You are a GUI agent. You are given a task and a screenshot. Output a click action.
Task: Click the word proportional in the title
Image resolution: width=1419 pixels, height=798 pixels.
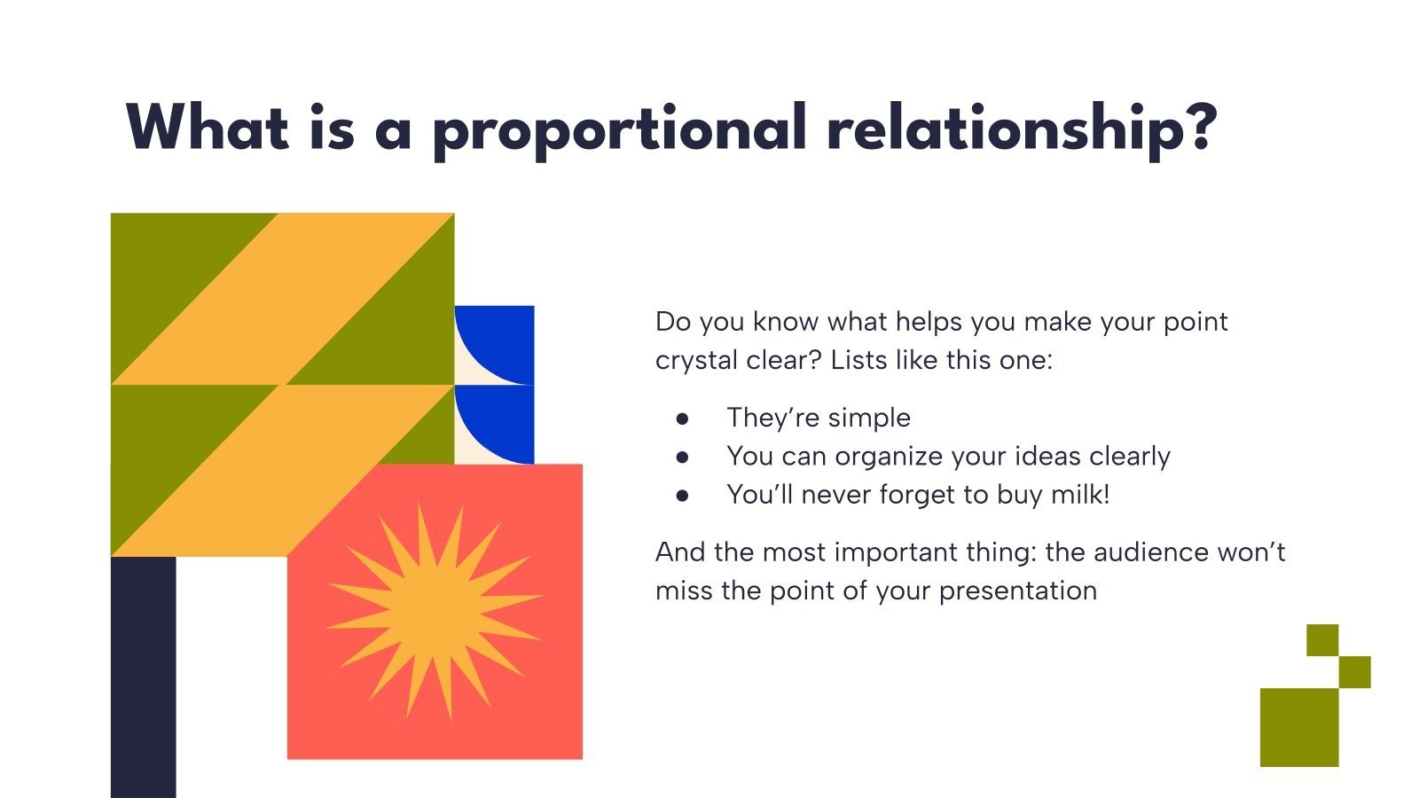coord(618,129)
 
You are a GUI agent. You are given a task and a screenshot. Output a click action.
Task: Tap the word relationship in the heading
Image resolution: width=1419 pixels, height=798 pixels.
coord(1020,128)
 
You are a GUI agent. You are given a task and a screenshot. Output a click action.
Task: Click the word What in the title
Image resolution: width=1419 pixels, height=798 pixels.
coord(208,128)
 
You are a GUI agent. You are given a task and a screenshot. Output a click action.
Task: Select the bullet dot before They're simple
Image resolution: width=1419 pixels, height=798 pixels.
coord(682,419)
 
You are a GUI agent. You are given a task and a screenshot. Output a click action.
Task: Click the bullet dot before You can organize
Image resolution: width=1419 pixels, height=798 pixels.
coord(682,457)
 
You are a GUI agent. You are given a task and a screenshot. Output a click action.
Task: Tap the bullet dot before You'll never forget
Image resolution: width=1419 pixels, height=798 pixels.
coord(682,495)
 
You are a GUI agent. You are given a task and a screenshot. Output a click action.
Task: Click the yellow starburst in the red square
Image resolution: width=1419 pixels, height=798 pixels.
coord(435,611)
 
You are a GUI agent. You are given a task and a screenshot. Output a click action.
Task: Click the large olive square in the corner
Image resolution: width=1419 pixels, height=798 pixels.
coord(1298,727)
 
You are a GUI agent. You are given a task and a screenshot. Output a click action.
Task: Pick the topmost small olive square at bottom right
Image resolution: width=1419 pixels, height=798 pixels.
coord(1322,639)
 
